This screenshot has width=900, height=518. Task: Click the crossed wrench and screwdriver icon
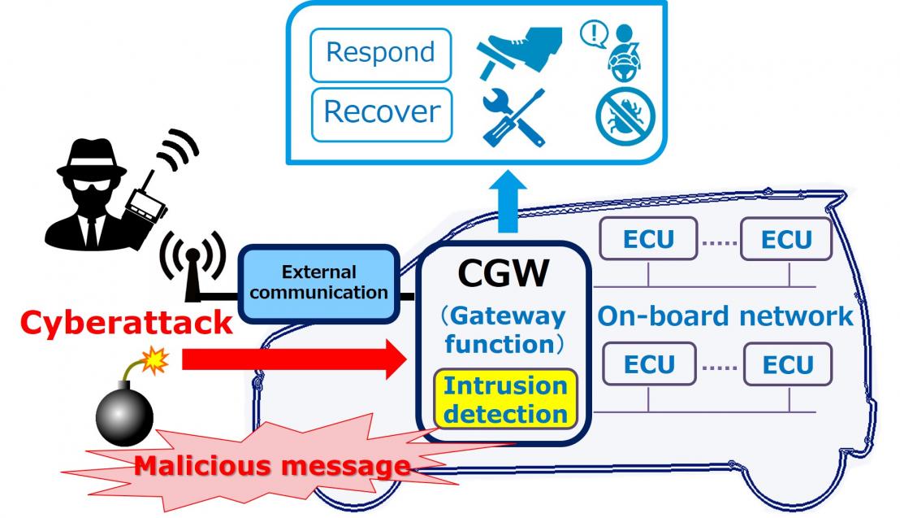click(514, 117)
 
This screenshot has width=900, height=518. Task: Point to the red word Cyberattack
click(126, 324)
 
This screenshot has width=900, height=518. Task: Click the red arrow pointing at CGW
click(292, 359)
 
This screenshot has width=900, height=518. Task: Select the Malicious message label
click(272, 465)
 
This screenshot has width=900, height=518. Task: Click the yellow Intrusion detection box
click(505, 399)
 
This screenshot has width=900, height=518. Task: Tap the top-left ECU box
click(648, 239)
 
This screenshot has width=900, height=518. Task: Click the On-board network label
click(725, 316)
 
